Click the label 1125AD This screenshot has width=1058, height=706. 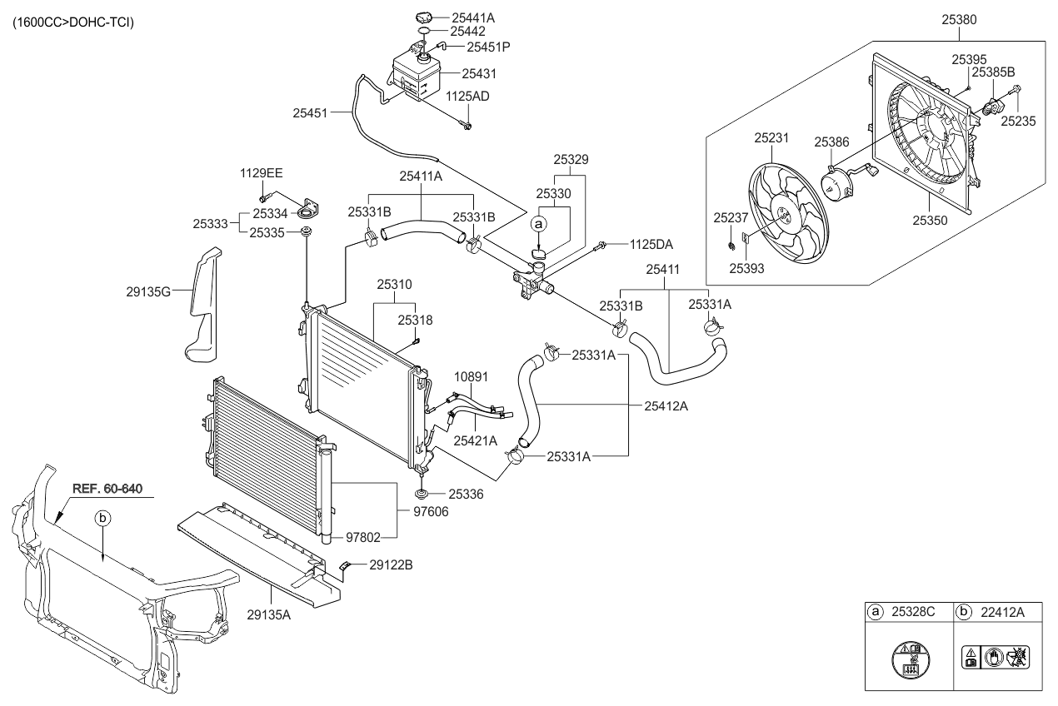467,97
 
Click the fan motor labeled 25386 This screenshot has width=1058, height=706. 841,181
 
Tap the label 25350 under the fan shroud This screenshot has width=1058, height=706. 931,221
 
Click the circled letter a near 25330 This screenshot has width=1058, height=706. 539,224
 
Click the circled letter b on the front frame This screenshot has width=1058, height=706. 102,518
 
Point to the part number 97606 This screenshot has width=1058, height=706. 431,511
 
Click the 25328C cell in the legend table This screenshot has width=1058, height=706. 913,612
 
